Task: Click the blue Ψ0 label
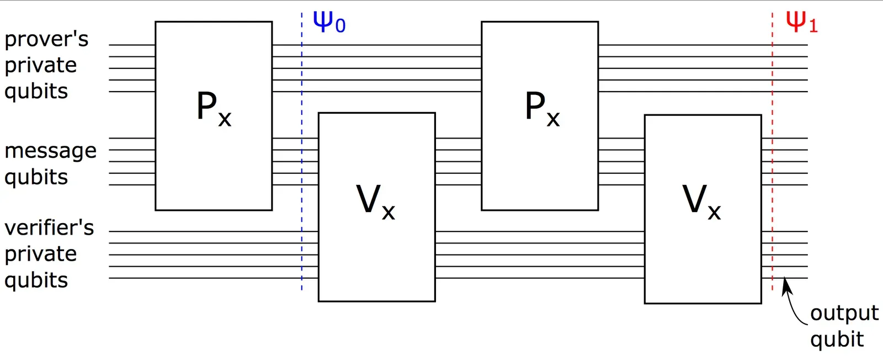[x=328, y=22]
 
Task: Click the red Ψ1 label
[x=801, y=22]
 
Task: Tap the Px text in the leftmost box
[x=214, y=109]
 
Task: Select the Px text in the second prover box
[x=542, y=109]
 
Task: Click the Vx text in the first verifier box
[x=375, y=202]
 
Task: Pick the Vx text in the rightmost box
[x=701, y=202]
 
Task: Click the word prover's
[x=46, y=40]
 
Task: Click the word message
[x=50, y=151]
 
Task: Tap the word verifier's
[x=49, y=228]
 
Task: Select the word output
[x=844, y=313]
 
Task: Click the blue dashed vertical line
[x=302, y=166]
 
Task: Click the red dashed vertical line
[x=772, y=166]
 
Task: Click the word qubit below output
[x=837, y=340]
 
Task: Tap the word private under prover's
[x=40, y=66]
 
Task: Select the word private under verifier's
[x=40, y=255]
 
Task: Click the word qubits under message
[x=36, y=178]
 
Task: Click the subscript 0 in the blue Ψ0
[x=340, y=26]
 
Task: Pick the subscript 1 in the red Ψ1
[x=813, y=26]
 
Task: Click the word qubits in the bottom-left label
[x=36, y=280]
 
